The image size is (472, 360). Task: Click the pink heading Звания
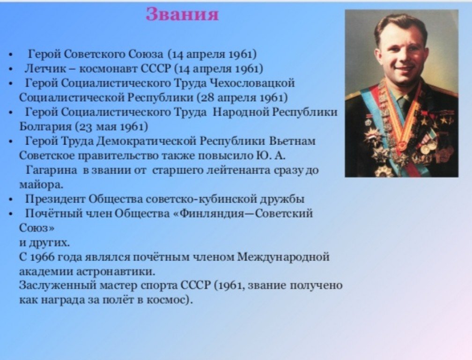click(182, 14)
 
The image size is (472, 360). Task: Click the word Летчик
click(45, 69)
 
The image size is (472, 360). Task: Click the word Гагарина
click(52, 170)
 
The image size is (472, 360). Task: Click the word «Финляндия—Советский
click(243, 214)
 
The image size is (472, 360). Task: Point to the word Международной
click(284, 257)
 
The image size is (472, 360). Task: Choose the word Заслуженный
click(57, 285)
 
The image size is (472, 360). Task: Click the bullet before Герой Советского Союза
click(11, 55)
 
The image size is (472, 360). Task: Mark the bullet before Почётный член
click(11, 214)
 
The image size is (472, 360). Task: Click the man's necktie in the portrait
click(403, 104)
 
